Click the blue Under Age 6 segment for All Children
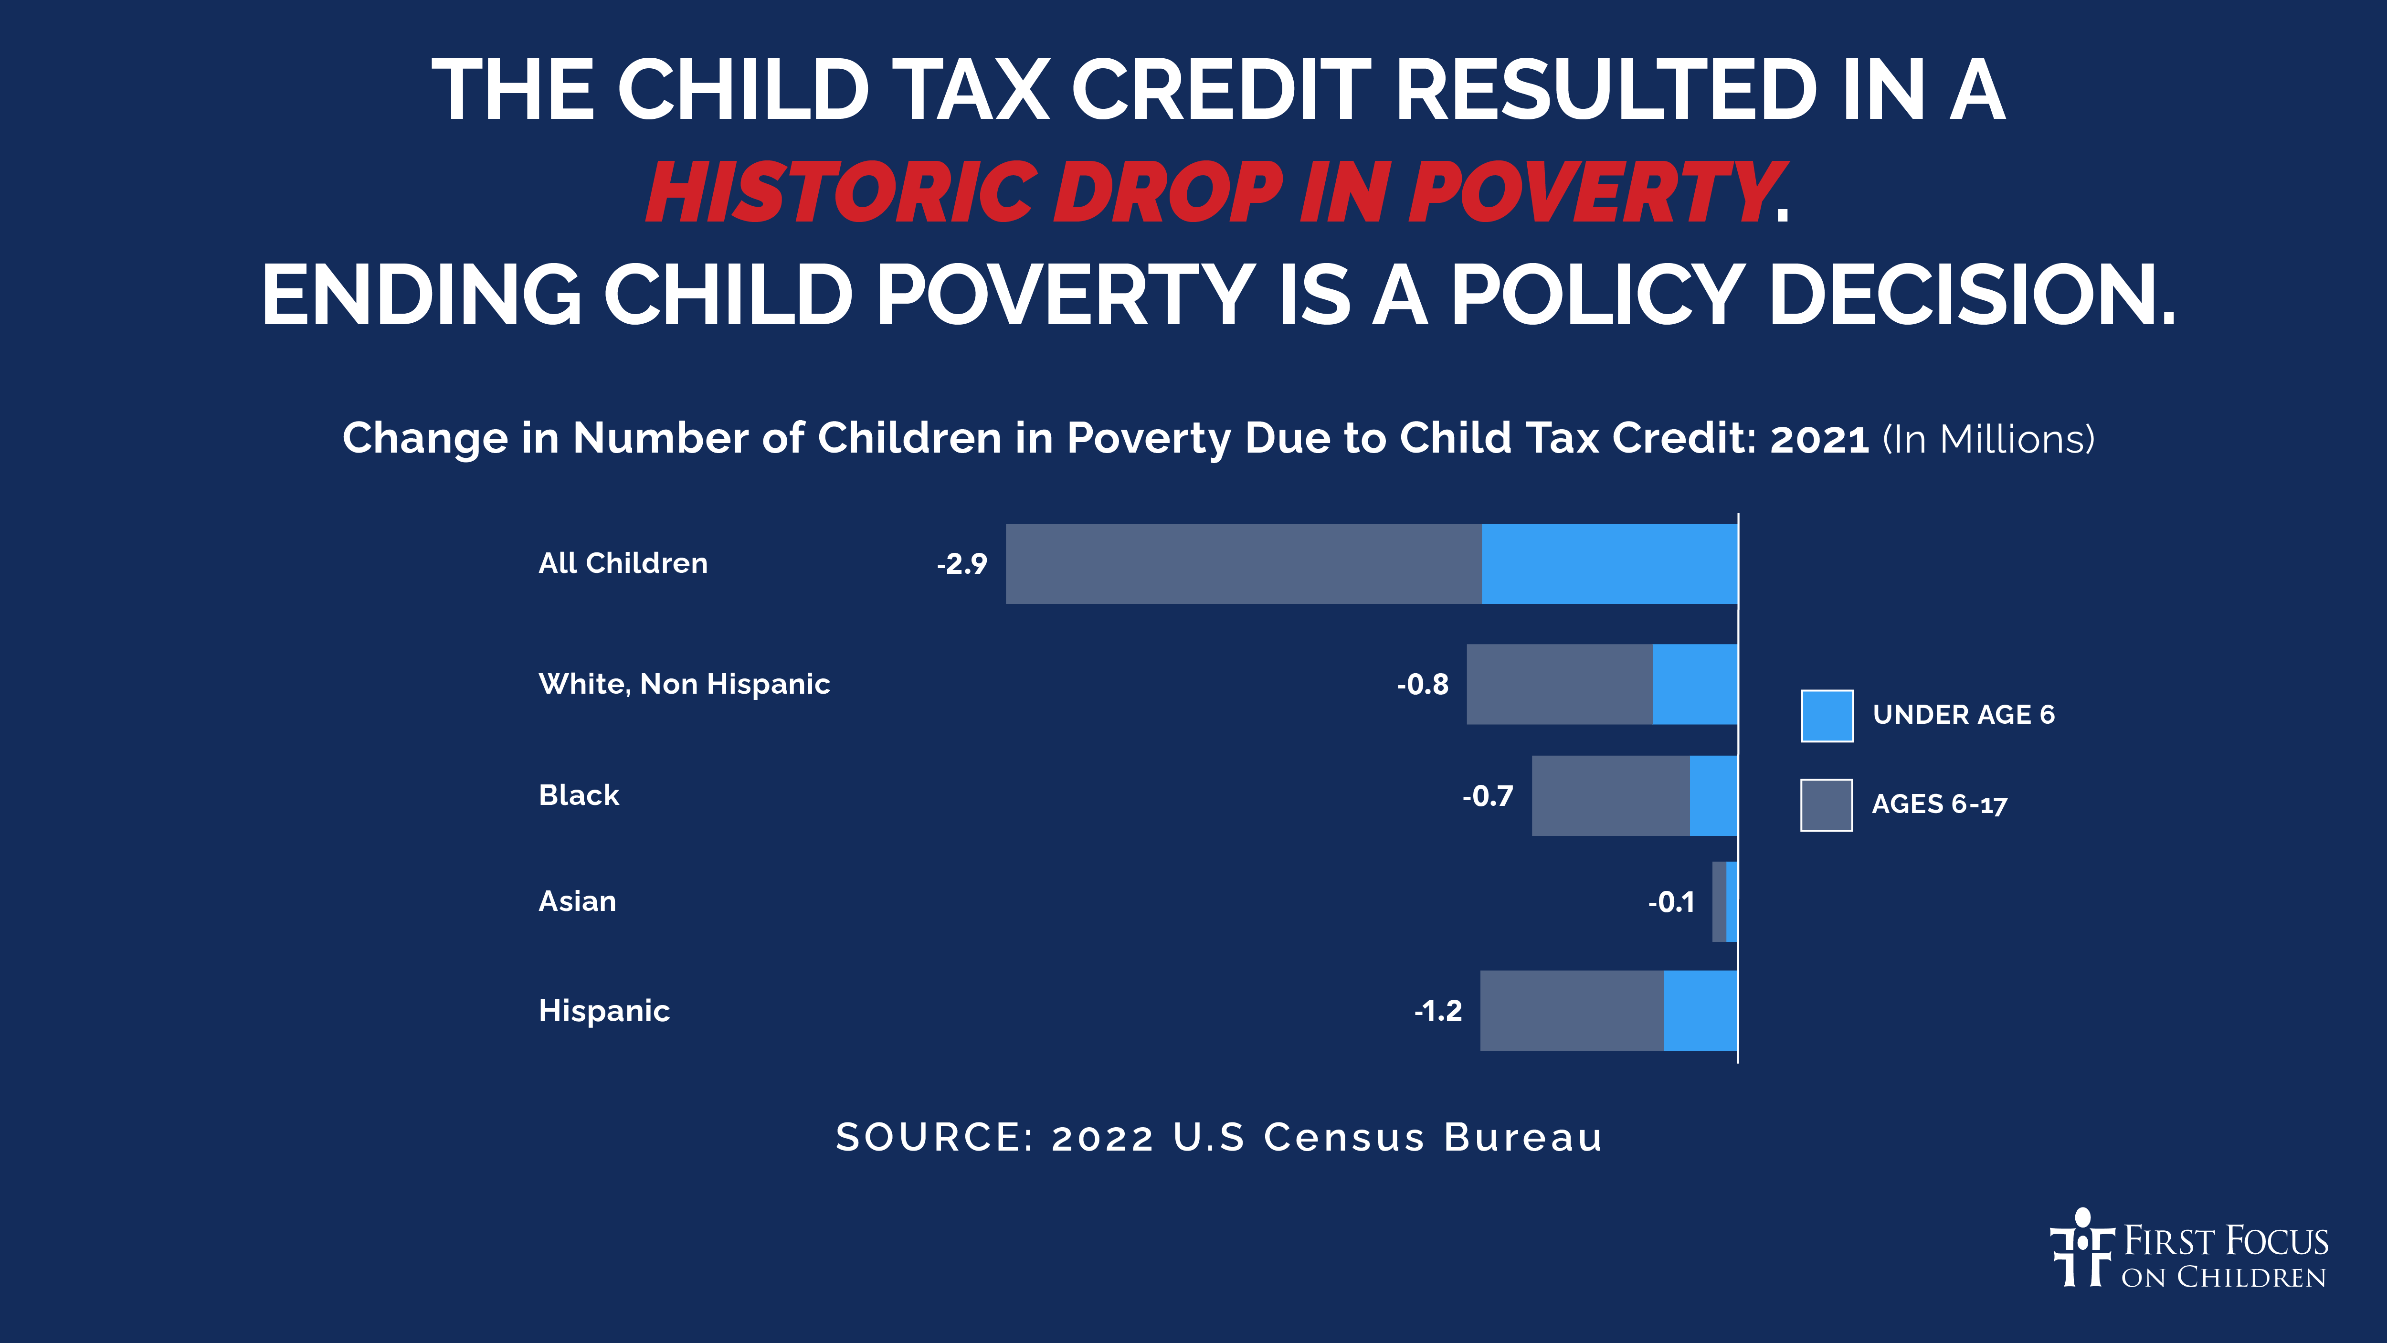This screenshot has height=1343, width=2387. coord(1609,563)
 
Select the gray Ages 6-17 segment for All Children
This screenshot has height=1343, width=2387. coord(1244,563)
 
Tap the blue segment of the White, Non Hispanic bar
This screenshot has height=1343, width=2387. coord(1695,684)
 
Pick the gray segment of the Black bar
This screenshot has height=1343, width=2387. coord(1610,795)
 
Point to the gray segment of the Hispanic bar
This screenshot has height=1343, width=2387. coord(1572,1010)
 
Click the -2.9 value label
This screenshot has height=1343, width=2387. coord(962,563)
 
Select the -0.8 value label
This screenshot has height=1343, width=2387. coord(1422,684)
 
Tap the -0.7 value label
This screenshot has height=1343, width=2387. coord(1487,795)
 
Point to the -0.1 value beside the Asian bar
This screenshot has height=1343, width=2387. coord(1671,902)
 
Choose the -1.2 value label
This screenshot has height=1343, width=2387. coord(1438,1010)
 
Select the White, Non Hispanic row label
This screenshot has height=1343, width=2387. coord(684,684)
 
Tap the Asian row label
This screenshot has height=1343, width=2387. coord(577,901)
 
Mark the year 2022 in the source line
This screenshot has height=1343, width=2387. coord(1103,1137)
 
